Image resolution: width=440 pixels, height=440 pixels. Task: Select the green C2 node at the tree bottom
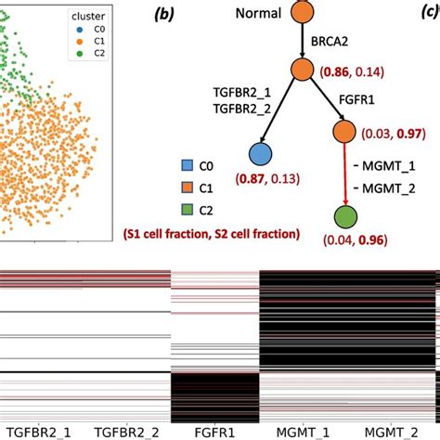pyautogui.click(x=346, y=219)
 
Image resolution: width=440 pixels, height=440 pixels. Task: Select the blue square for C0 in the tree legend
pyautogui.click(x=185, y=167)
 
